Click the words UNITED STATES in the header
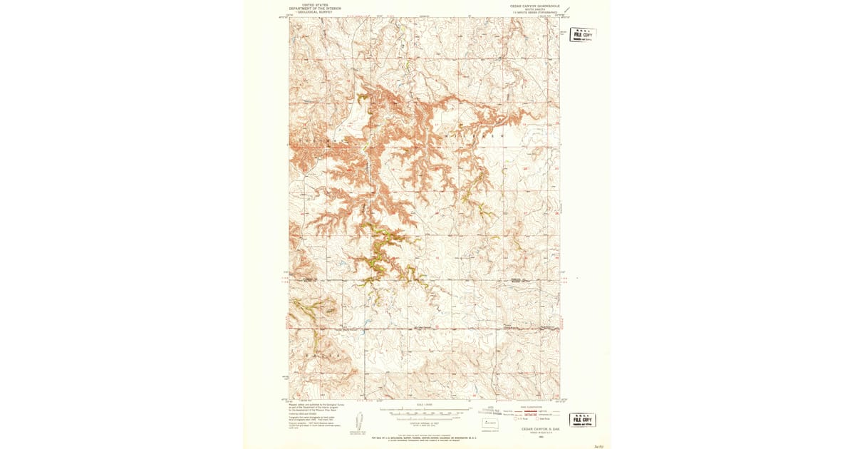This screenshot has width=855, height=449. tap(314, 4)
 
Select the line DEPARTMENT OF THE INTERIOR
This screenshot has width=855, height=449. tap(314, 8)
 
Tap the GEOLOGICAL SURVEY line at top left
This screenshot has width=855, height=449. tap(314, 11)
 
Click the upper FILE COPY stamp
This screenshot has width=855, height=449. tap(583, 35)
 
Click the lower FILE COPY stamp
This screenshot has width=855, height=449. tap(582, 420)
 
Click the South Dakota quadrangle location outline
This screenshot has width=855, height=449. tap(489, 423)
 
